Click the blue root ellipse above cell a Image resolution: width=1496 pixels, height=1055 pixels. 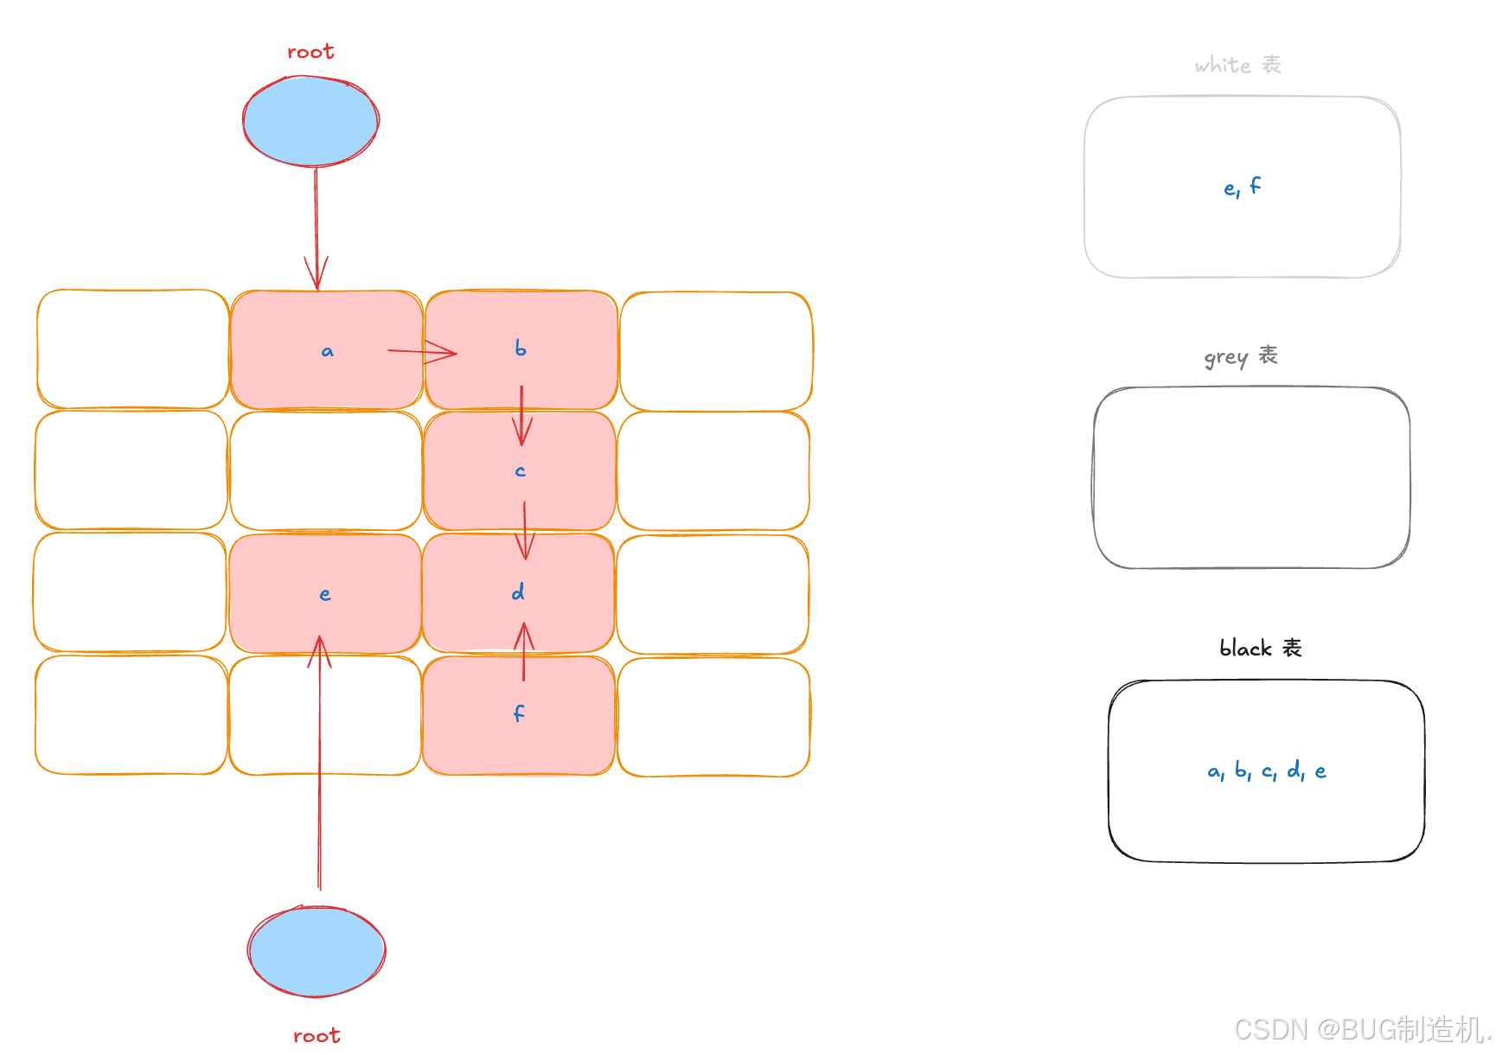(x=310, y=121)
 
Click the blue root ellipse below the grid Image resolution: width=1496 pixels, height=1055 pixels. (x=316, y=951)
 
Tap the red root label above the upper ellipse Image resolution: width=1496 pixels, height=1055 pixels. (x=310, y=52)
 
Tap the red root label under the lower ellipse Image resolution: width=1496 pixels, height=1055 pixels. (x=316, y=1035)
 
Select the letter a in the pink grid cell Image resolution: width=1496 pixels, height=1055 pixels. (x=327, y=351)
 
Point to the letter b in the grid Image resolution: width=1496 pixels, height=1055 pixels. (x=520, y=348)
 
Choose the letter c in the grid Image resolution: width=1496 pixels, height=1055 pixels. (x=520, y=471)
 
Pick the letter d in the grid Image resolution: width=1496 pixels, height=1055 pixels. (x=518, y=592)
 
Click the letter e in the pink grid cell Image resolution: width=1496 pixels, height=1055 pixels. (x=325, y=594)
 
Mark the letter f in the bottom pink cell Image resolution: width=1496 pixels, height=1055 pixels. (x=519, y=713)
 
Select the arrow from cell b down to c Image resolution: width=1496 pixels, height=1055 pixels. (x=521, y=415)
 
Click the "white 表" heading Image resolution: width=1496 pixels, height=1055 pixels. (x=1237, y=65)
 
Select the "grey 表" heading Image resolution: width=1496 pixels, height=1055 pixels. (x=1241, y=356)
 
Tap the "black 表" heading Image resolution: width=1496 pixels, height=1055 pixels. (x=1260, y=648)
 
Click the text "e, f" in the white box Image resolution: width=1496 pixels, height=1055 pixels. (x=1242, y=187)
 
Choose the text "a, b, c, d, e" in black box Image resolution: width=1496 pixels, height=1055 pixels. (x=1267, y=770)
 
